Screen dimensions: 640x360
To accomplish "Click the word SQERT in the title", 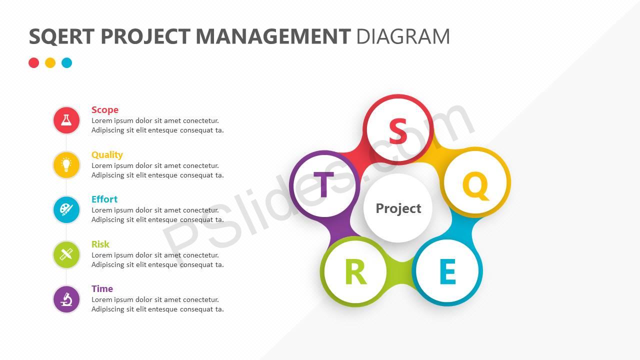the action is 61,36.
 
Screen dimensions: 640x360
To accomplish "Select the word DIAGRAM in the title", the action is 403,36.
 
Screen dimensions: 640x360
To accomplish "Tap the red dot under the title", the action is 33,63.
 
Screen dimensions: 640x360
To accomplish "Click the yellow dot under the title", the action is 50,63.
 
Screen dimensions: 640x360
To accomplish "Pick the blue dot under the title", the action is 67,63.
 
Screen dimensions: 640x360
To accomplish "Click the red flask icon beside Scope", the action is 66,120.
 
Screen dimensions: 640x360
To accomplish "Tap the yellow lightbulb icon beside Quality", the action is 66,165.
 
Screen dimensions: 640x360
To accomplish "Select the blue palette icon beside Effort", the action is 66,209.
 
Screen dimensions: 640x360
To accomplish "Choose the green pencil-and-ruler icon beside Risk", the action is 66,254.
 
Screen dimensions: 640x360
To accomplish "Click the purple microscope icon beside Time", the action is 66,299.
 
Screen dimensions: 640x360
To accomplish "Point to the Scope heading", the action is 105,110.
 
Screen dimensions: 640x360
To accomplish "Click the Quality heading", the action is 107,155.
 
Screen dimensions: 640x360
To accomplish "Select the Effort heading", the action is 104,199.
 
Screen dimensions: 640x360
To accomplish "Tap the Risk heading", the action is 100,244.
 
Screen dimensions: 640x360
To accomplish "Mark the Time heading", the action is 102,288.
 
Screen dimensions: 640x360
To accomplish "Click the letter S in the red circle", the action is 398,131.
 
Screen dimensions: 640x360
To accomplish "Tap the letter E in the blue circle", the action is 447,271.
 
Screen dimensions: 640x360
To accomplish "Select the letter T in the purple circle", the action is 323,184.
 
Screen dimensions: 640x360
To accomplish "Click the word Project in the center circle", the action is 398,208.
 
